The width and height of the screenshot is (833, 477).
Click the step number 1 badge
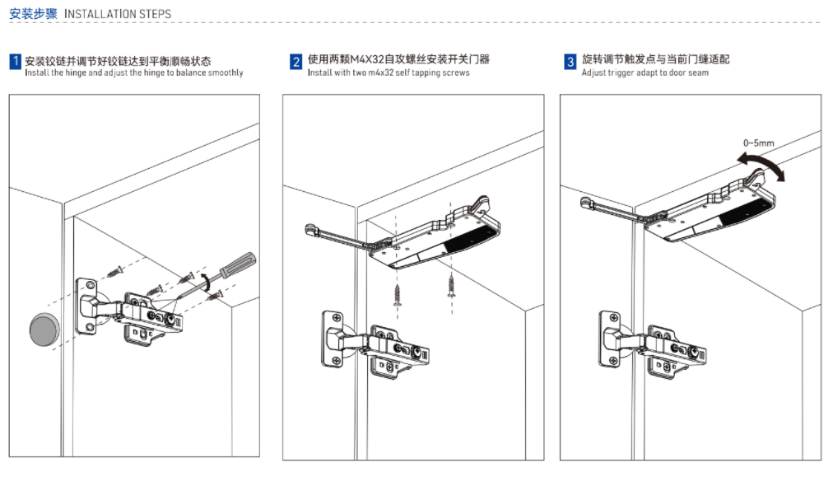click(15, 61)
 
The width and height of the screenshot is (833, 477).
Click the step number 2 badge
click(296, 61)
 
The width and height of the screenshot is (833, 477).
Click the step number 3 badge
click(570, 61)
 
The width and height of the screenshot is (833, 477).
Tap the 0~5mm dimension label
click(758, 143)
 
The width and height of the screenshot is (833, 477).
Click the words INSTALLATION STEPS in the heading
click(118, 14)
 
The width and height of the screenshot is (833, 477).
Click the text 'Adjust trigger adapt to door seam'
click(645, 73)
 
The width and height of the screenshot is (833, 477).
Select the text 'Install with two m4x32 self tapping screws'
click(389, 73)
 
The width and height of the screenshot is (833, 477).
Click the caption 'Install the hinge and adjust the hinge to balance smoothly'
click(134, 73)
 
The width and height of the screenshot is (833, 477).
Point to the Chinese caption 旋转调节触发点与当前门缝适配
click(655, 59)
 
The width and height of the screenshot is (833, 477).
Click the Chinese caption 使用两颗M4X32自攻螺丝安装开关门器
click(398, 59)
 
